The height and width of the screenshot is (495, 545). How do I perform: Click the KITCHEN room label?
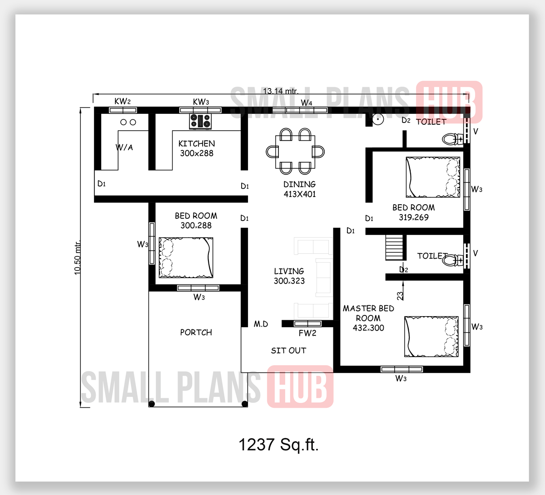point(197,143)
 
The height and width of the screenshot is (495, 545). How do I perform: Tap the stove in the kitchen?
point(200,121)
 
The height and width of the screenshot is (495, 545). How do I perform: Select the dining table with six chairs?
point(295,152)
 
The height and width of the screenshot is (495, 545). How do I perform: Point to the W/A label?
point(124,147)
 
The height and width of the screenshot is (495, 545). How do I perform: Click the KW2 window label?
point(123,101)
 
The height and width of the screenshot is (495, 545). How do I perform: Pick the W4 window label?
point(307,103)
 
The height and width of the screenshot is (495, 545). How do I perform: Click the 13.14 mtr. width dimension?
point(281,91)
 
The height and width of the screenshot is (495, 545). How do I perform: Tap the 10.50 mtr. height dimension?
point(77,257)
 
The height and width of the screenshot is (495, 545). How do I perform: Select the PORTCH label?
point(196,333)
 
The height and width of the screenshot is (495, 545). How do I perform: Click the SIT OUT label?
point(288,351)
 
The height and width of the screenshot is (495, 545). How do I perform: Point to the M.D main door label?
point(261,324)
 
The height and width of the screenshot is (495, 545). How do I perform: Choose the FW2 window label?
point(307,333)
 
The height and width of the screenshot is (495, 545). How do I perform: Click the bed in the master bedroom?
point(431,336)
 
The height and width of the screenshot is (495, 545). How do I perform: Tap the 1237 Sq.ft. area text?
point(278,445)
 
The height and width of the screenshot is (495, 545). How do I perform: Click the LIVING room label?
point(289,271)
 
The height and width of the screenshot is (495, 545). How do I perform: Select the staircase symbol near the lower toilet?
point(395,248)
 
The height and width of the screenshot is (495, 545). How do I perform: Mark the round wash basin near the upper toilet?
point(378,119)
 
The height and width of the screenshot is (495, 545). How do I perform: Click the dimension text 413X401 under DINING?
point(300,194)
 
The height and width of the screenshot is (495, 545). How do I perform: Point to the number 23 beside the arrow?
point(400,296)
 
